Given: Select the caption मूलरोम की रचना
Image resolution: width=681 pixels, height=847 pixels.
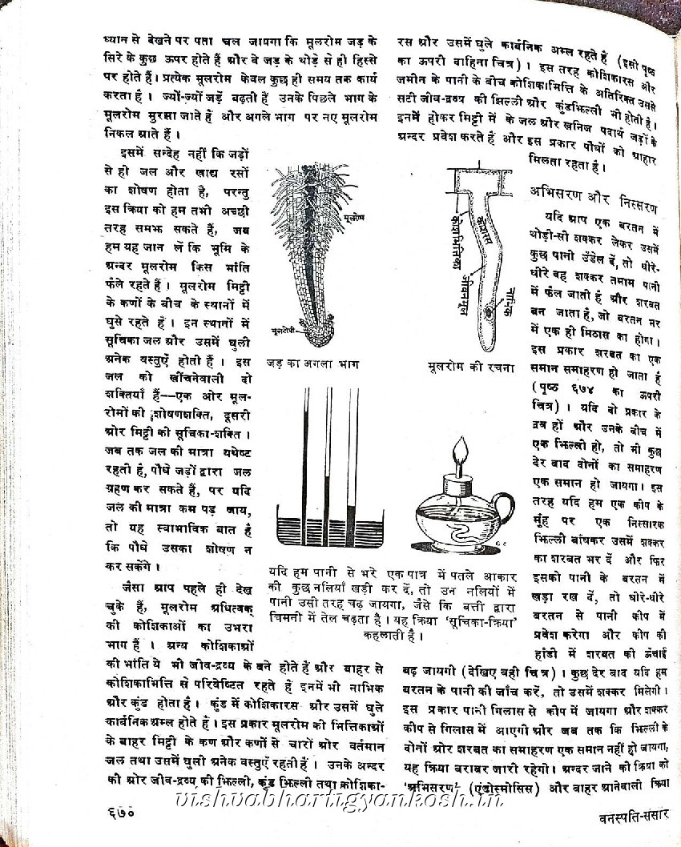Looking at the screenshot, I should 470,367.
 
